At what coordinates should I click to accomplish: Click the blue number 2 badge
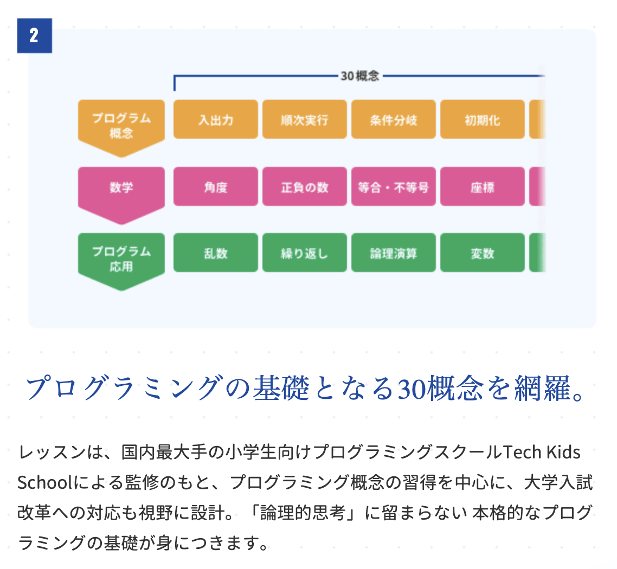tap(35, 36)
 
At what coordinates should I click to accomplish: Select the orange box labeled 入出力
tap(216, 119)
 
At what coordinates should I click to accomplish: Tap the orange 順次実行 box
tap(305, 119)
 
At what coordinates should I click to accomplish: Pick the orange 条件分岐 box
tap(394, 119)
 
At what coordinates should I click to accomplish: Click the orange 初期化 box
tap(483, 119)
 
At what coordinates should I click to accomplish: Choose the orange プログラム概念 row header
tap(121, 126)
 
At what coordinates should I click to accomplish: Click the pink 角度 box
tap(216, 186)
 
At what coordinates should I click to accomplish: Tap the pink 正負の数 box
tap(305, 186)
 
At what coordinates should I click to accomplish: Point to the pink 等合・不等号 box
tap(394, 186)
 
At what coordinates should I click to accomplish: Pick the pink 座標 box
tap(483, 186)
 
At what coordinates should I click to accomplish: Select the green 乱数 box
tap(216, 253)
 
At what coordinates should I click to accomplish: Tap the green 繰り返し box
tap(305, 253)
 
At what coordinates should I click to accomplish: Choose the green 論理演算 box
tap(394, 253)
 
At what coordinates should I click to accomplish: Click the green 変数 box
tap(483, 253)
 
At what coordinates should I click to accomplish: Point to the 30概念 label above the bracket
tap(359, 76)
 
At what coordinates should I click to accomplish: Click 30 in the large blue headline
tap(412, 389)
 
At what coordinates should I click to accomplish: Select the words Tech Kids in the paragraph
tap(542, 452)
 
